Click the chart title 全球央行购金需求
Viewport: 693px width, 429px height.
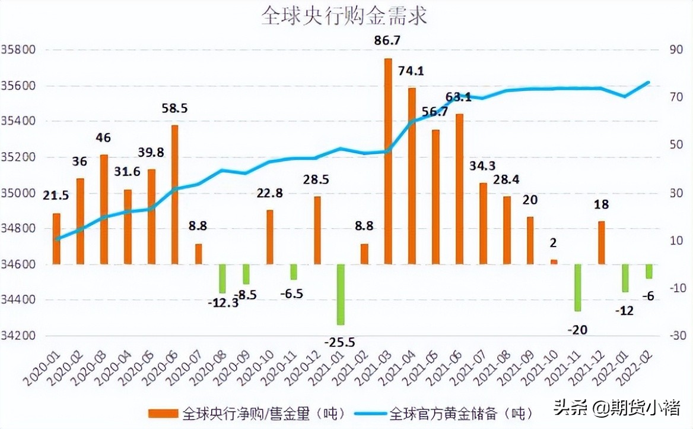click(344, 16)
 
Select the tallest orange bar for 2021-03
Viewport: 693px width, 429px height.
click(388, 160)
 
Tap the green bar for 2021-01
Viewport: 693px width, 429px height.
click(341, 294)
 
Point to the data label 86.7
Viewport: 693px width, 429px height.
click(386, 41)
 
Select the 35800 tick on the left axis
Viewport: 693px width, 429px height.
click(20, 50)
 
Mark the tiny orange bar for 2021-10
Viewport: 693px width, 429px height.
click(554, 261)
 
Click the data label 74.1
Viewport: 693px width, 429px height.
click(411, 71)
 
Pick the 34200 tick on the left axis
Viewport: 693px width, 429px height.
click(20, 336)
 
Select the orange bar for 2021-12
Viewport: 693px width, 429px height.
click(602, 242)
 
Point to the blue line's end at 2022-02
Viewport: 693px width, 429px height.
click(649, 82)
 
